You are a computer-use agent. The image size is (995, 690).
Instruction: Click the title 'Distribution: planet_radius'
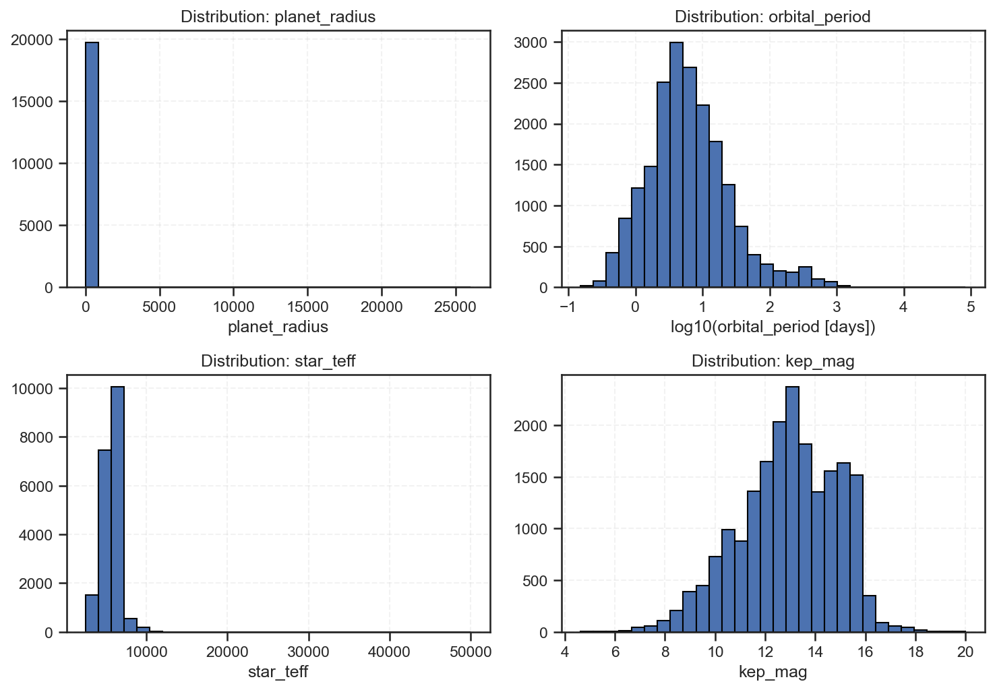(x=278, y=17)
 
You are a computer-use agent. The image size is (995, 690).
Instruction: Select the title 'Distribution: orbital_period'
(x=773, y=17)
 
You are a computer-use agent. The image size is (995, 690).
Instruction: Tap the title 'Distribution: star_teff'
(x=278, y=361)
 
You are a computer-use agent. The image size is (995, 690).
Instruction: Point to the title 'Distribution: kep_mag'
(x=773, y=361)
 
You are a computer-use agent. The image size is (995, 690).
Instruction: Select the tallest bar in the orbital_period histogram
(x=676, y=164)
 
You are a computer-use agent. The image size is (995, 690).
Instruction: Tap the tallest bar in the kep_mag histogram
(x=793, y=509)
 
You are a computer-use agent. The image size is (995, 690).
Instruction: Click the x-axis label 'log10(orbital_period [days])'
(x=773, y=327)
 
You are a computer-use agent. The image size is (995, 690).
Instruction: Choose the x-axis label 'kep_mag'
(x=773, y=672)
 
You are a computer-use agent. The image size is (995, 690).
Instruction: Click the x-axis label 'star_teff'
(x=278, y=672)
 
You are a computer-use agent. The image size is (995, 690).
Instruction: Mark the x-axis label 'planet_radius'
(x=278, y=327)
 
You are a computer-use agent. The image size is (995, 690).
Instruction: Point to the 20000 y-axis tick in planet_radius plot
(x=32, y=40)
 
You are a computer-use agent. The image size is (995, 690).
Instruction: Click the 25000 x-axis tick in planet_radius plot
(x=455, y=307)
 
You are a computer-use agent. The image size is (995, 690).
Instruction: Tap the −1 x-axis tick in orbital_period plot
(x=568, y=307)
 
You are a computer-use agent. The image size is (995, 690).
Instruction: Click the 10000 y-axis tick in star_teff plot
(x=32, y=389)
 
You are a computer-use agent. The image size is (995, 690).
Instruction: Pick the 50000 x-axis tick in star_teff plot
(x=471, y=652)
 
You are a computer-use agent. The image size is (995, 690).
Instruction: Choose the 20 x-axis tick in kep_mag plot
(x=965, y=652)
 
